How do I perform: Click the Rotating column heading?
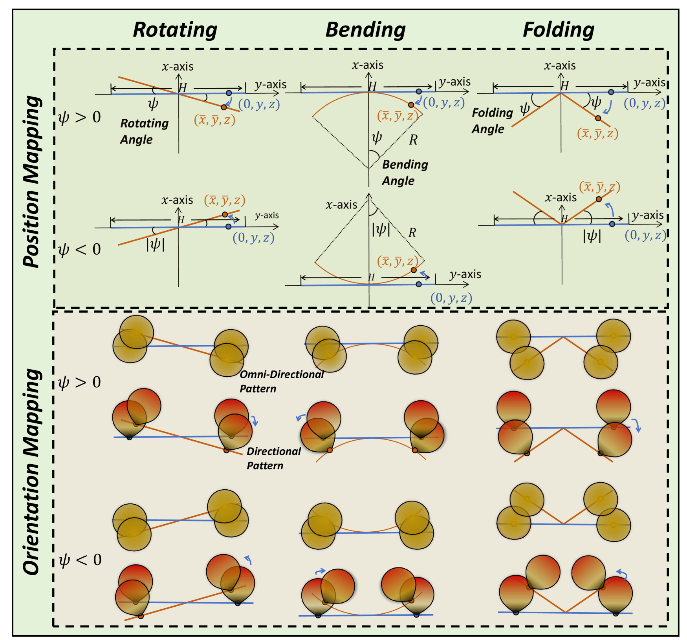pyautogui.click(x=175, y=30)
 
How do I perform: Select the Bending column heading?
pyautogui.click(x=365, y=30)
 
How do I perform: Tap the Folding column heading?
pyautogui.click(x=558, y=30)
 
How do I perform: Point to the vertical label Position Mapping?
pyautogui.click(x=32, y=181)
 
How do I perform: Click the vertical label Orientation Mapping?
pyautogui.click(x=32, y=471)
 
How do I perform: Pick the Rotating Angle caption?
pyautogui.click(x=144, y=131)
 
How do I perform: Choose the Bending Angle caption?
pyautogui.click(x=405, y=173)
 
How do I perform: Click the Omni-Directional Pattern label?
pyautogui.click(x=282, y=381)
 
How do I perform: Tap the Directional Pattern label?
pyautogui.click(x=273, y=458)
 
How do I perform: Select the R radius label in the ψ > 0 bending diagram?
pyautogui.click(x=413, y=140)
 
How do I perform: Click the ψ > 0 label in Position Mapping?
pyautogui.click(x=79, y=117)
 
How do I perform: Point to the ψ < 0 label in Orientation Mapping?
pyautogui.click(x=80, y=560)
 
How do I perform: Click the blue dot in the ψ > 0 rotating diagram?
pyautogui.click(x=229, y=93)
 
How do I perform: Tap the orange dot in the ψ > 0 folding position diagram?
pyautogui.click(x=598, y=118)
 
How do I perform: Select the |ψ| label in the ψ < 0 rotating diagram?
pyautogui.click(x=155, y=245)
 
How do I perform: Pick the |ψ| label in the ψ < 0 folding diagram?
pyautogui.click(x=592, y=236)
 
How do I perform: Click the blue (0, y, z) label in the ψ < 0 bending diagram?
pyautogui.click(x=451, y=298)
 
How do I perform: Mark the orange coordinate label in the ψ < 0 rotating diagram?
pyautogui.click(x=224, y=201)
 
